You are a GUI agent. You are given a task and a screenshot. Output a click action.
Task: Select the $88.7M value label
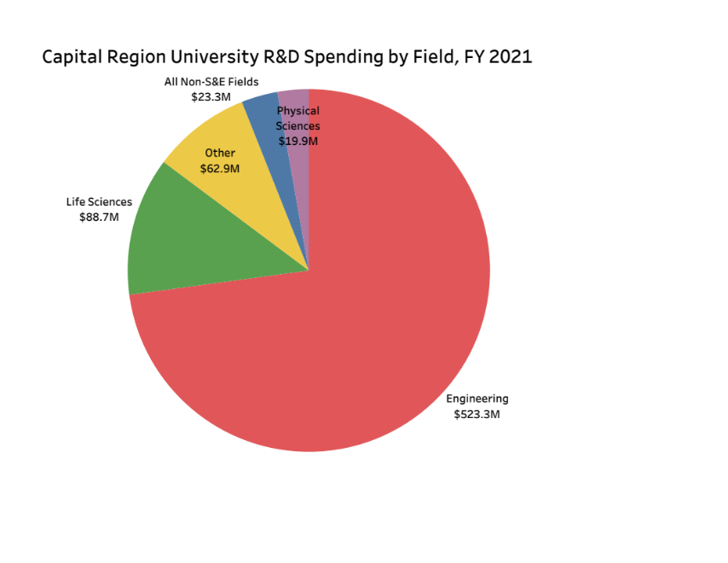pyautogui.click(x=100, y=217)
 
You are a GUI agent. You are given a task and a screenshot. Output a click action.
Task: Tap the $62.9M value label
pyautogui.click(x=220, y=168)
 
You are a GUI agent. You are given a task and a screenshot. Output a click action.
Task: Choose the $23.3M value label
pyautogui.click(x=211, y=97)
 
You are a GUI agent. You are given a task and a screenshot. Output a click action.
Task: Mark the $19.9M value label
pyautogui.click(x=298, y=141)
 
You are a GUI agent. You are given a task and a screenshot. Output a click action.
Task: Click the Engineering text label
pyautogui.click(x=477, y=398)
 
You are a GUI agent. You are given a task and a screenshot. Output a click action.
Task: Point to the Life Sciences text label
pyautogui.click(x=100, y=202)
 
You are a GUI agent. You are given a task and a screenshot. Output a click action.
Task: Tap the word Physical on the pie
pyautogui.click(x=298, y=111)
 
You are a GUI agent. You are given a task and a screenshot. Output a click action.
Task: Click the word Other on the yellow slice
pyautogui.click(x=220, y=154)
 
